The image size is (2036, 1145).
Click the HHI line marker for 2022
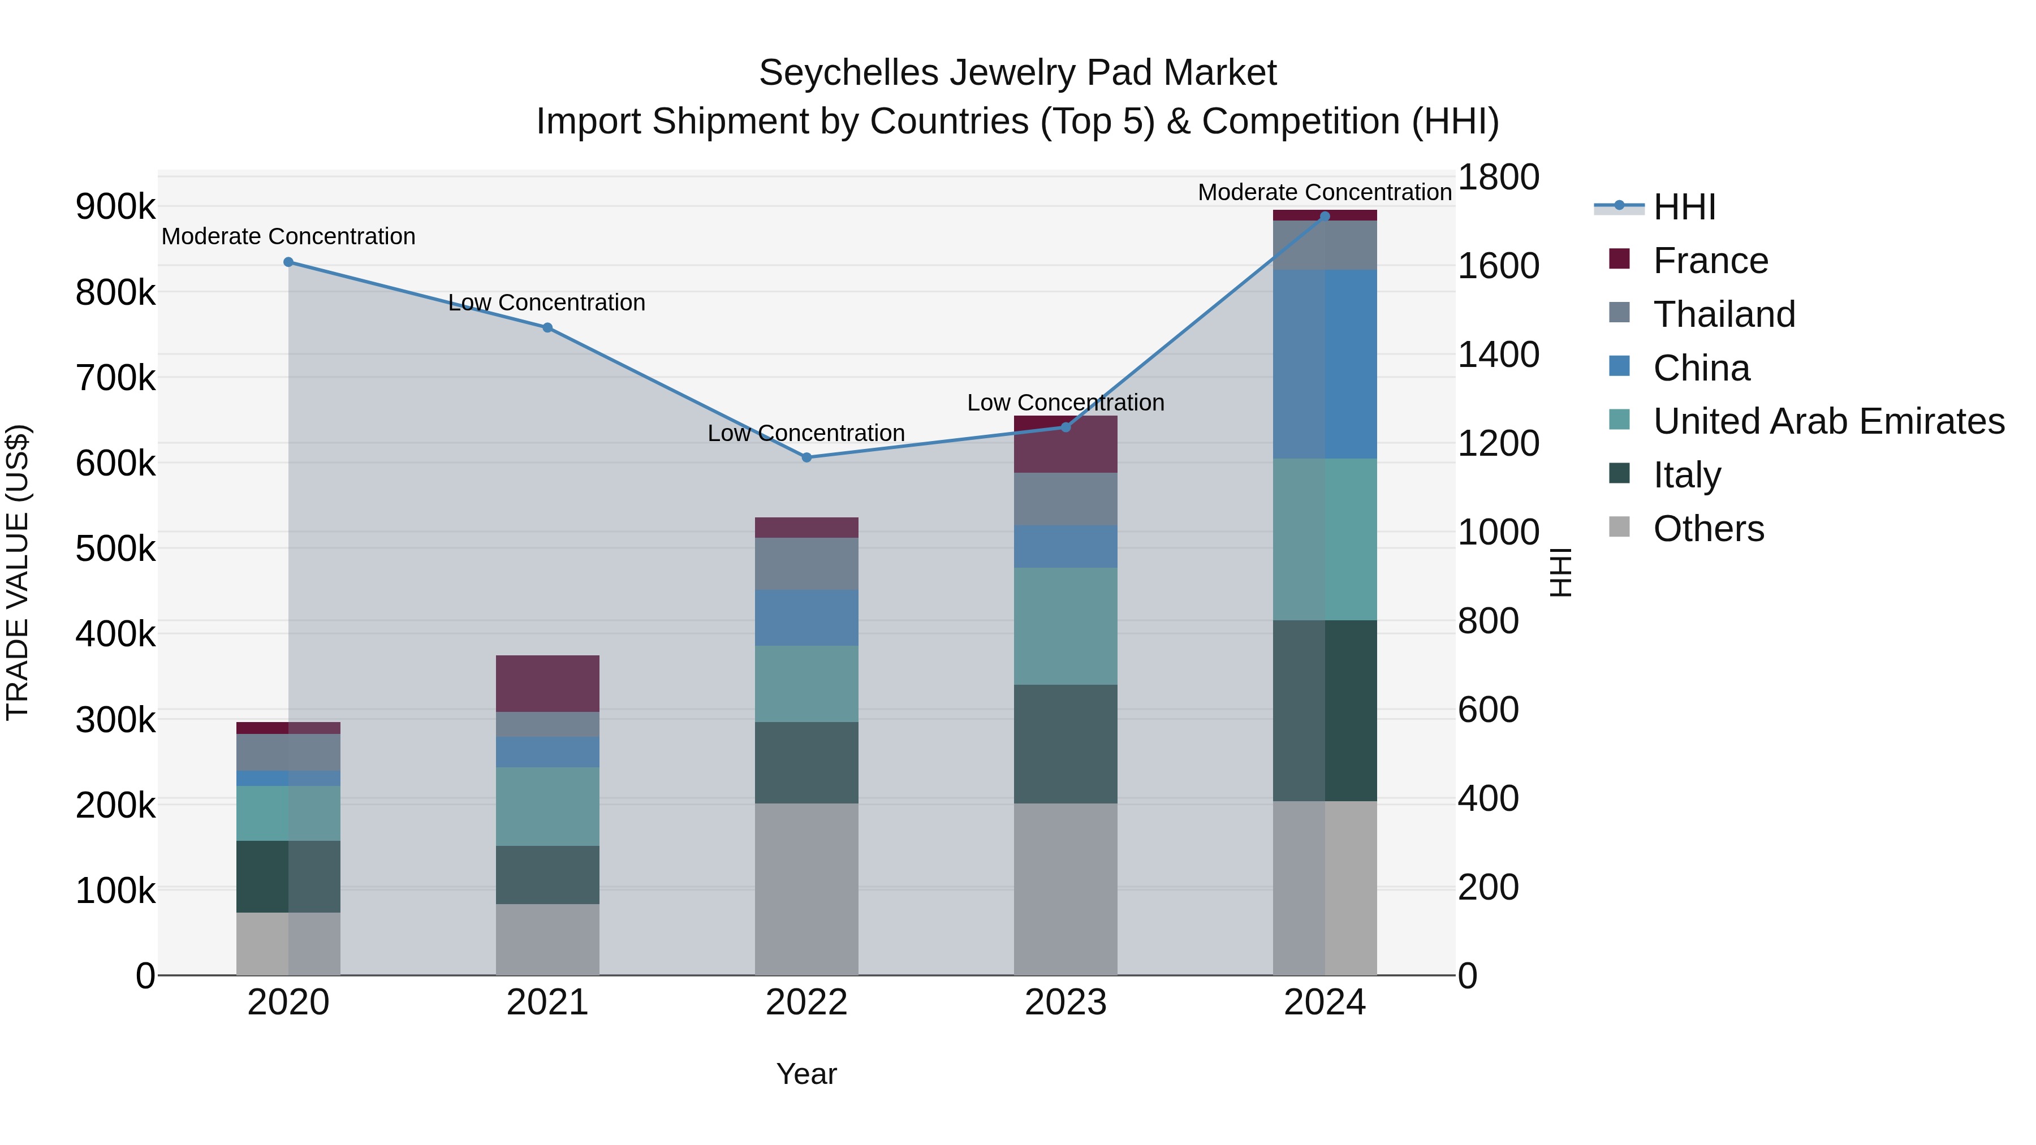click(x=806, y=457)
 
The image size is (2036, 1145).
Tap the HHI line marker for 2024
click(x=1325, y=217)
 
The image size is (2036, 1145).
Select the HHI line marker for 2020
click(x=288, y=262)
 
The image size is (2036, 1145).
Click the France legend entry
click(x=1710, y=261)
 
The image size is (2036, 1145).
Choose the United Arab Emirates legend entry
click(x=1828, y=421)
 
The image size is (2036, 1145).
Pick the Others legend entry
click(x=1708, y=529)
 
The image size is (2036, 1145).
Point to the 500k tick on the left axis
click(x=115, y=548)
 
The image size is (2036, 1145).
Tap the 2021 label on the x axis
click(x=547, y=1003)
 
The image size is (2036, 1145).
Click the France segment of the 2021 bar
click(x=547, y=684)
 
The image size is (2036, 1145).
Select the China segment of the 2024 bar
click(x=1325, y=364)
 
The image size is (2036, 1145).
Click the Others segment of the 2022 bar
click(x=806, y=889)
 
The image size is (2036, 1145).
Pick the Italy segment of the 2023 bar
click(x=1066, y=744)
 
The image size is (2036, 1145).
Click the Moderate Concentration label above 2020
click(x=288, y=236)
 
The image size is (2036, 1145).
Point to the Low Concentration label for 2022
click(x=806, y=433)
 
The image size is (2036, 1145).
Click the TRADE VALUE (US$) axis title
click(x=18, y=572)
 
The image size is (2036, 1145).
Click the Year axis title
click(x=806, y=1074)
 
